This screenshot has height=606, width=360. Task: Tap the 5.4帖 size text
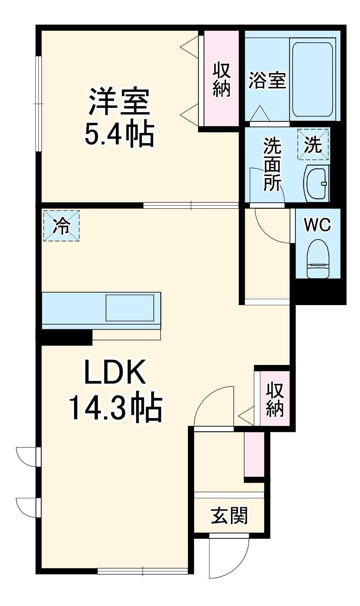[x=119, y=134]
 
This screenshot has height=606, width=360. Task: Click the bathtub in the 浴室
[x=313, y=79]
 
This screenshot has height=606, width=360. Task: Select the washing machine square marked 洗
[x=313, y=144]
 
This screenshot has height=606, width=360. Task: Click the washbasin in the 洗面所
[x=316, y=184]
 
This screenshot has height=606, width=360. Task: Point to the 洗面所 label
[x=272, y=164]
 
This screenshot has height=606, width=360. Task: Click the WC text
[x=317, y=225]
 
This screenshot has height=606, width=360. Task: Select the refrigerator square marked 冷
[x=61, y=226]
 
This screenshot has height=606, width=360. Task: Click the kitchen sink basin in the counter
[x=130, y=308]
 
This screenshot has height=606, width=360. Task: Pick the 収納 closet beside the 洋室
[x=221, y=79]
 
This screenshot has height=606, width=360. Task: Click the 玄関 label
[x=229, y=516]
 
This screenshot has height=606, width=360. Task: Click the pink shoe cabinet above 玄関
[x=254, y=454]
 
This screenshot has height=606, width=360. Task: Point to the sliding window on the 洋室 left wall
[x=38, y=104]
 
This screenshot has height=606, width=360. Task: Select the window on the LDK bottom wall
[x=143, y=571]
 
